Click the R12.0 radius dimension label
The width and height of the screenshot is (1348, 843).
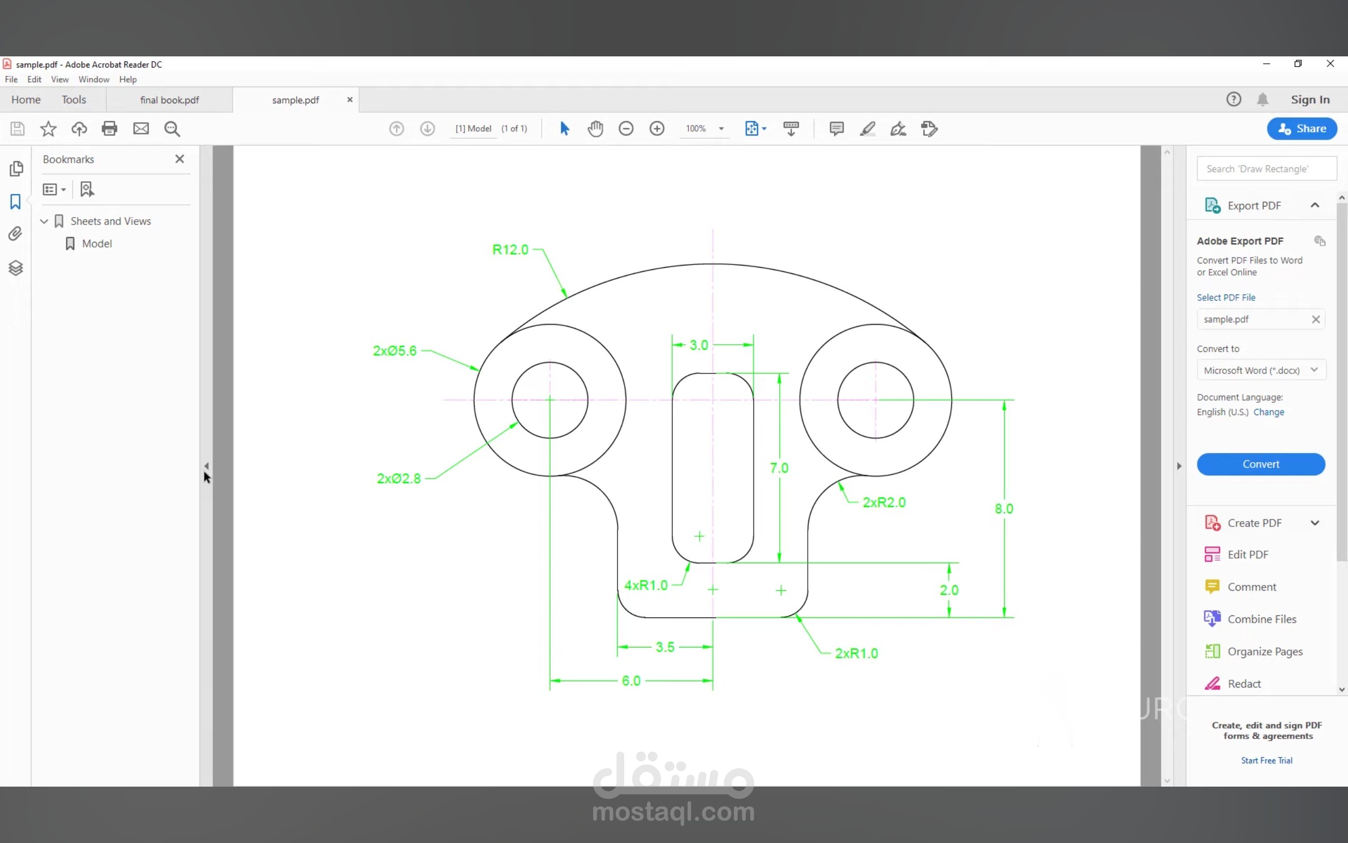(510, 249)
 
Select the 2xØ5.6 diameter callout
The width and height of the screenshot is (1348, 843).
(394, 351)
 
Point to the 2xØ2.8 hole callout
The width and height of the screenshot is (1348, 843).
(399, 478)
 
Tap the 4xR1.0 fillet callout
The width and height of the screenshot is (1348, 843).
(646, 585)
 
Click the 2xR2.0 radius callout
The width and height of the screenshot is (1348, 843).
(884, 502)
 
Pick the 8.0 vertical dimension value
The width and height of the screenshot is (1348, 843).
(1004, 508)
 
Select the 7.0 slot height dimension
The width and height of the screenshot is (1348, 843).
(779, 468)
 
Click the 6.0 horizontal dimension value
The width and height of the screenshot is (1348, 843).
(631, 681)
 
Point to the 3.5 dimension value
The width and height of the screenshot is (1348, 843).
(665, 647)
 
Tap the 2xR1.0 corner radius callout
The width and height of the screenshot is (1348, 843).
(856, 653)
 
